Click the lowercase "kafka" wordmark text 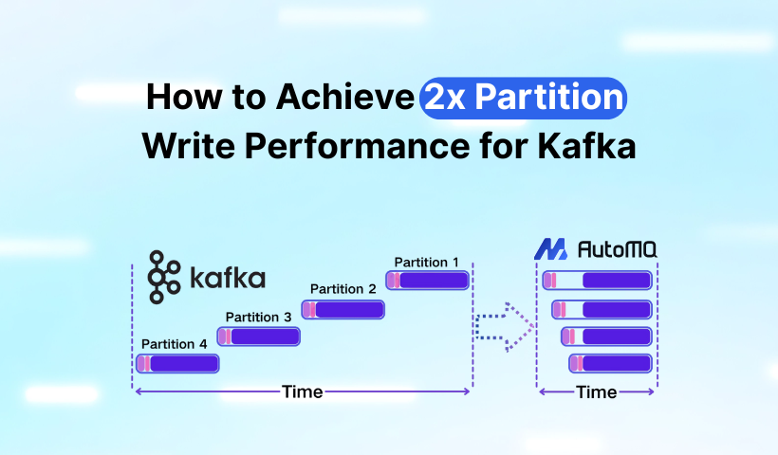click(x=227, y=279)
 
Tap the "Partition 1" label click(x=427, y=262)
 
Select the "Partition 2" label click(x=343, y=288)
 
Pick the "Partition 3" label click(x=258, y=317)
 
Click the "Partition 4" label click(x=174, y=344)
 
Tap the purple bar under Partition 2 click(x=343, y=309)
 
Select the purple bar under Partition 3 click(x=258, y=336)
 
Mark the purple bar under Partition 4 click(x=177, y=363)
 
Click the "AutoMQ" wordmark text click(x=619, y=250)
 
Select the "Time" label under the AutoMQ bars click(x=597, y=391)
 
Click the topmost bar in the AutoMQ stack click(x=597, y=281)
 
